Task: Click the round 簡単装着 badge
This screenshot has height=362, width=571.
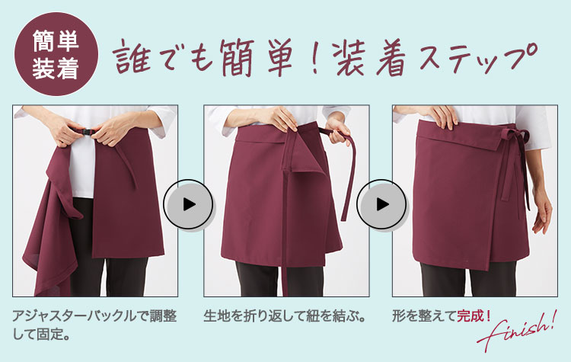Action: pos(56,54)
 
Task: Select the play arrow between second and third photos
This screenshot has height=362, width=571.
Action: pos(381,204)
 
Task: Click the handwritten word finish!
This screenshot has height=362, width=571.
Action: pos(517,331)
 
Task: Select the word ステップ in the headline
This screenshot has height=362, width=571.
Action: pos(478,59)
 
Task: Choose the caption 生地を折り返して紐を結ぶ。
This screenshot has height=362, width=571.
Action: pos(285,316)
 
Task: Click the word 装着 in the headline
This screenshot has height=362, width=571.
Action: pos(371,59)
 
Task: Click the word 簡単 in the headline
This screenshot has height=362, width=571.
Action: pos(256,59)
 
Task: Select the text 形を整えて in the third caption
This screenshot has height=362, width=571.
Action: pos(424,316)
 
